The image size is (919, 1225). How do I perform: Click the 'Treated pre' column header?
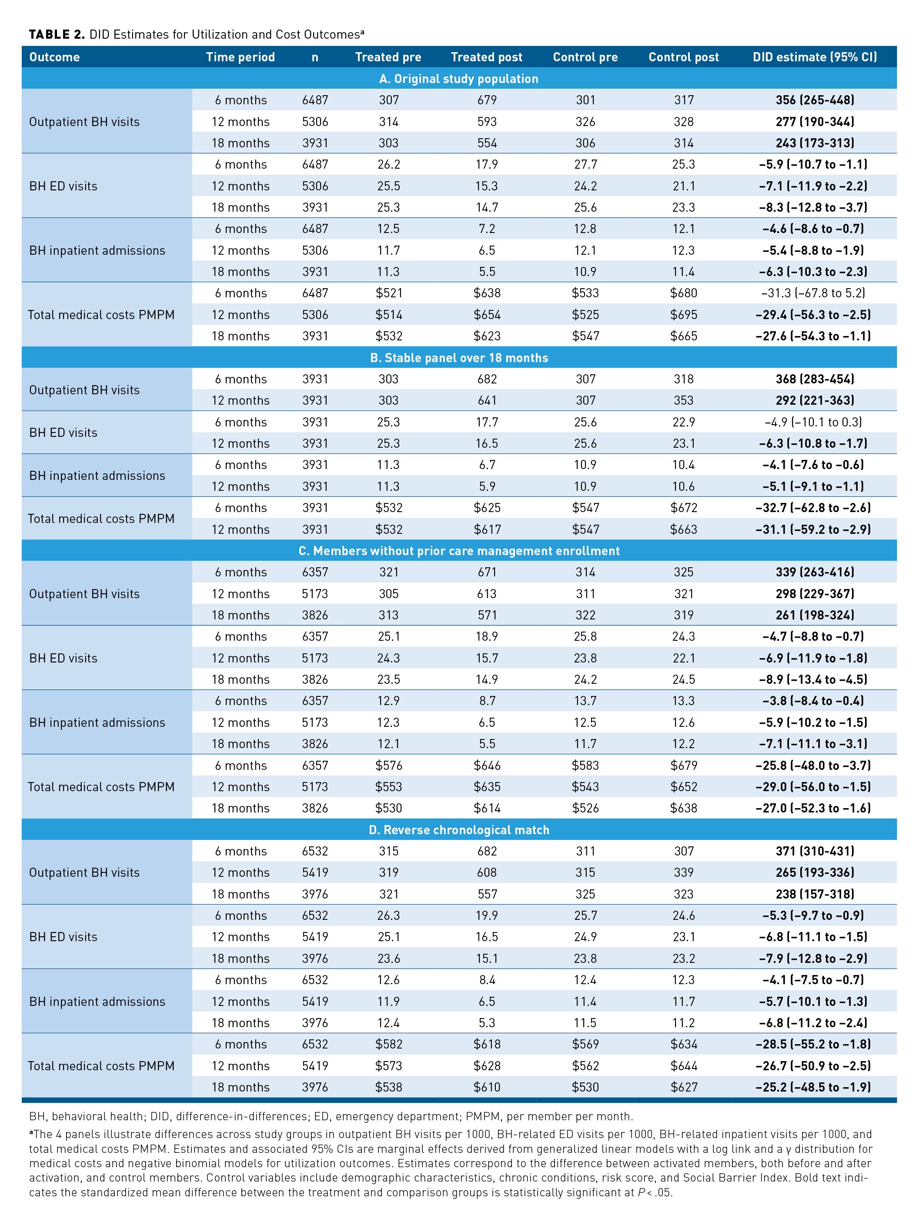coord(388,57)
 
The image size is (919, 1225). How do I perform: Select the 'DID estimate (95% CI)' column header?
coord(814,57)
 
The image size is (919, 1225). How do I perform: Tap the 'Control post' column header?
coord(684,57)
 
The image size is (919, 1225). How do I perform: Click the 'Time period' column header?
coord(241,57)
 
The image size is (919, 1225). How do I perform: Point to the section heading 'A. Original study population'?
coord(459,79)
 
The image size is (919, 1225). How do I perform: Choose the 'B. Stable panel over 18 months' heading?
coord(459,358)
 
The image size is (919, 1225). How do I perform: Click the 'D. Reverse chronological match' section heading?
coord(459,829)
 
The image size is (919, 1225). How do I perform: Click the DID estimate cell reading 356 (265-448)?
coord(814,100)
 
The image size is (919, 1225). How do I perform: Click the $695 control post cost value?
coord(684,315)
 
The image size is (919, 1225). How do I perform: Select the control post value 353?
coord(684,400)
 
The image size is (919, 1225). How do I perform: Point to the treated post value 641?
coord(487,400)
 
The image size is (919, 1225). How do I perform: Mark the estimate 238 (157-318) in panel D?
coord(814,894)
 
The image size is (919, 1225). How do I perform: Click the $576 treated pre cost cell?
coord(388,766)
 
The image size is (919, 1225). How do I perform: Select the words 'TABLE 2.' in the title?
coord(57,35)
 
